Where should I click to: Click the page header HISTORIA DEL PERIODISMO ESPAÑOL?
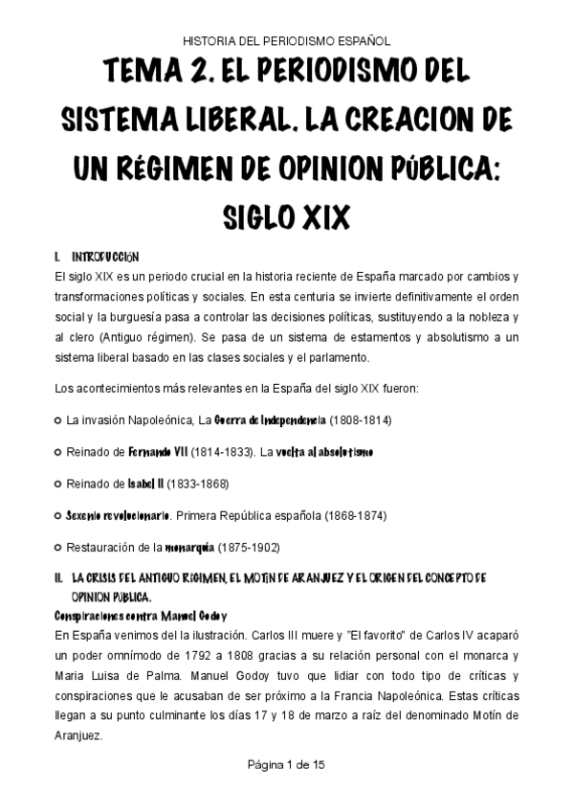[x=286, y=41]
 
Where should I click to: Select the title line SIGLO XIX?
[x=286, y=214]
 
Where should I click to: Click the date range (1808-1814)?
[x=361, y=420]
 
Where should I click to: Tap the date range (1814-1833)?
[x=222, y=451]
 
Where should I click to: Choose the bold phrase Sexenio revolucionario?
[x=118, y=515]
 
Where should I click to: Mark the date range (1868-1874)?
[x=354, y=515]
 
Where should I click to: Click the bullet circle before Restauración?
[x=58, y=547]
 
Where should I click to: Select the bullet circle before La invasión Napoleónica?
[x=58, y=420]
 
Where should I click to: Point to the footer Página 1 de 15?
[x=286, y=765]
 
